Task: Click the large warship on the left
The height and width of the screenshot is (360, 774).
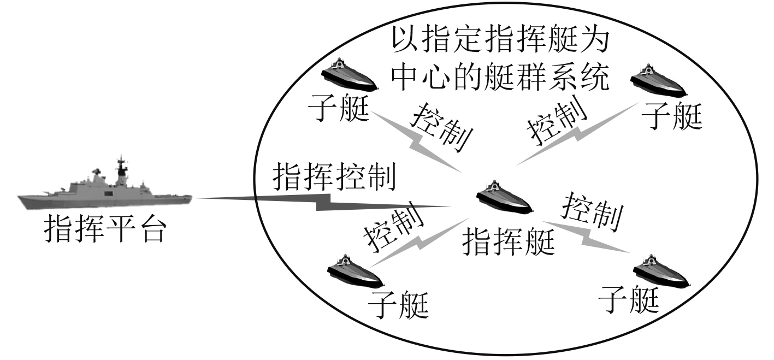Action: pyautogui.click(x=104, y=191)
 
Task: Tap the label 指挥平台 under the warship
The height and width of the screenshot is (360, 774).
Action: pyautogui.click(x=104, y=229)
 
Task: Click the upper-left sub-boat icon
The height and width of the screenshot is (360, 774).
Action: pyautogui.click(x=348, y=74)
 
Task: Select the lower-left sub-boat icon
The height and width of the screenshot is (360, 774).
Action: pyautogui.click(x=354, y=271)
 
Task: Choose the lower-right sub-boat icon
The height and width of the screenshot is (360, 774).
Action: pyautogui.click(x=661, y=271)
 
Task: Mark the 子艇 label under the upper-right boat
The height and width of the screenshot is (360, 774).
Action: pyautogui.click(x=671, y=115)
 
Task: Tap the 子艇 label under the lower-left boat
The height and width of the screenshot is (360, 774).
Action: pyautogui.click(x=398, y=304)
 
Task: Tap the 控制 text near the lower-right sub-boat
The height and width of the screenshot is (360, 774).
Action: pyautogui.click(x=593, y=211)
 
